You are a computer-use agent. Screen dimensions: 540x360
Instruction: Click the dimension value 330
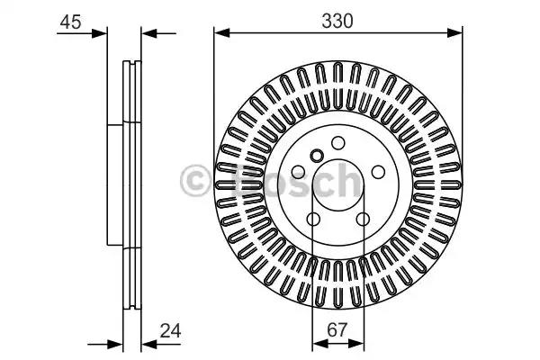pyautogui.click(x=337, y=21)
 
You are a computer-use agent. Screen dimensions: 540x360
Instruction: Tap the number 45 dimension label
pyautogui.click(x=70, y=22)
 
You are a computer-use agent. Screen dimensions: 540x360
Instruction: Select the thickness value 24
pyautogui.click(x=170, y=331)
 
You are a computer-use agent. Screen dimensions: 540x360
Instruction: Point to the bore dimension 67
pyautogui.click(x=337, y=330)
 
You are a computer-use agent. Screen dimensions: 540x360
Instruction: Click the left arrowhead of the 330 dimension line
pyautogui.click(x=221, y=33)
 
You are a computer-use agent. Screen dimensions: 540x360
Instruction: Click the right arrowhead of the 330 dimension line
pyautogui.click(x=454, y=33)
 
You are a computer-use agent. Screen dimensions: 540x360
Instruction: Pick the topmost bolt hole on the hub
pyautogui.click(x=337, y=142)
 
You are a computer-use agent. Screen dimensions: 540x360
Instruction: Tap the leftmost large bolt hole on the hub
pyautogui.click(x=298, y=172)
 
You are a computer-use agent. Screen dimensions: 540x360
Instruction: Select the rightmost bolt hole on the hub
pyautogui.click(x=378, y=172)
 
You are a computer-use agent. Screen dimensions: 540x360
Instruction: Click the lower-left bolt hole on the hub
pyautogui.click(x=313, y=219)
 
